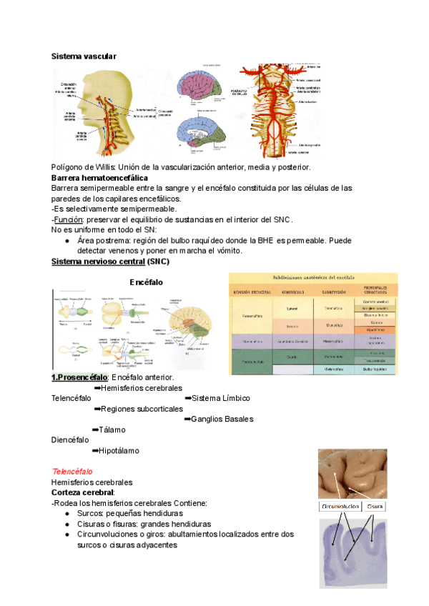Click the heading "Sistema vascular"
coord(84,56)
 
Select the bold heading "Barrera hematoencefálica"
coord(100,177)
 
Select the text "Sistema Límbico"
coord(221,398)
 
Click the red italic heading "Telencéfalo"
coord(71,472)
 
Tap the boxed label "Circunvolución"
coord(339,507)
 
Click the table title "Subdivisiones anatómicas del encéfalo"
coord(310,277)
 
